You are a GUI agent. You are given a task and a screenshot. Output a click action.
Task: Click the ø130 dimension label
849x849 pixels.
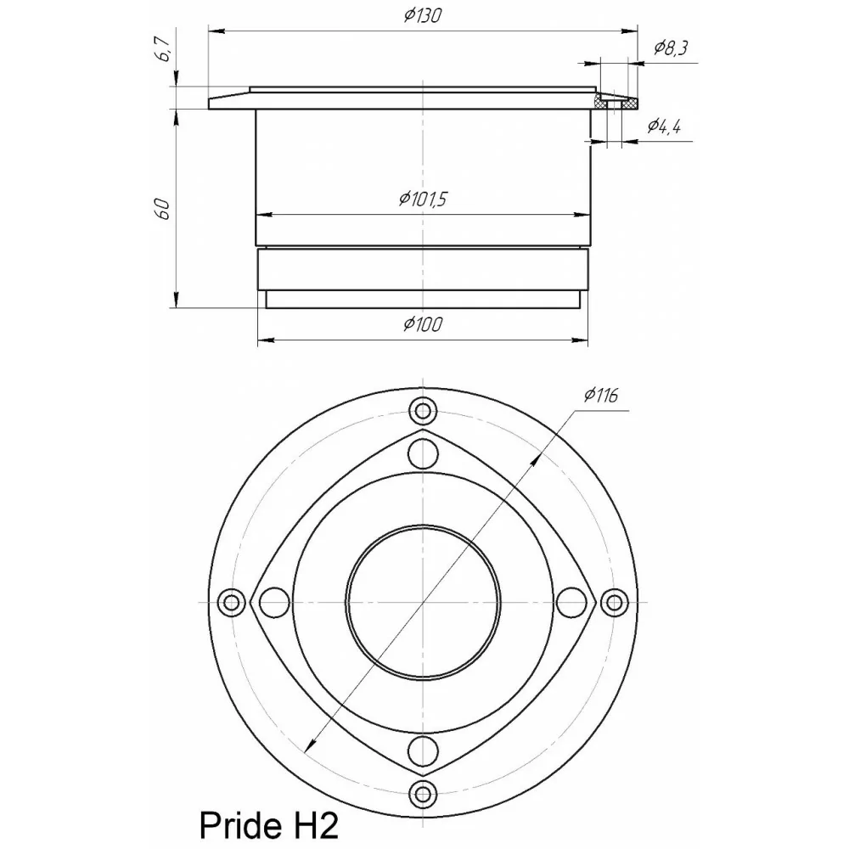point(422,16)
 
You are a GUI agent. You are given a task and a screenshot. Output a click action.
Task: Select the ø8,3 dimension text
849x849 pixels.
point(670,48)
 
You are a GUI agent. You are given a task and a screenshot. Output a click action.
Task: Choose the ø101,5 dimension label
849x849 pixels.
point(422,200)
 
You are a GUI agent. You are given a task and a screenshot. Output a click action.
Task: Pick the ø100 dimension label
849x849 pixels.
point(422,324)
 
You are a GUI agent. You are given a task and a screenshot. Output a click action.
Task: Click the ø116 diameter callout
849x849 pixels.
point(600,395)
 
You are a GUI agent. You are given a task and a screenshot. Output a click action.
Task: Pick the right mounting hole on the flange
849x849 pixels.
point(613,602)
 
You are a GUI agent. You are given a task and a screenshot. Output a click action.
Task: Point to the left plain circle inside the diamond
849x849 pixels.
point(273,602)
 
